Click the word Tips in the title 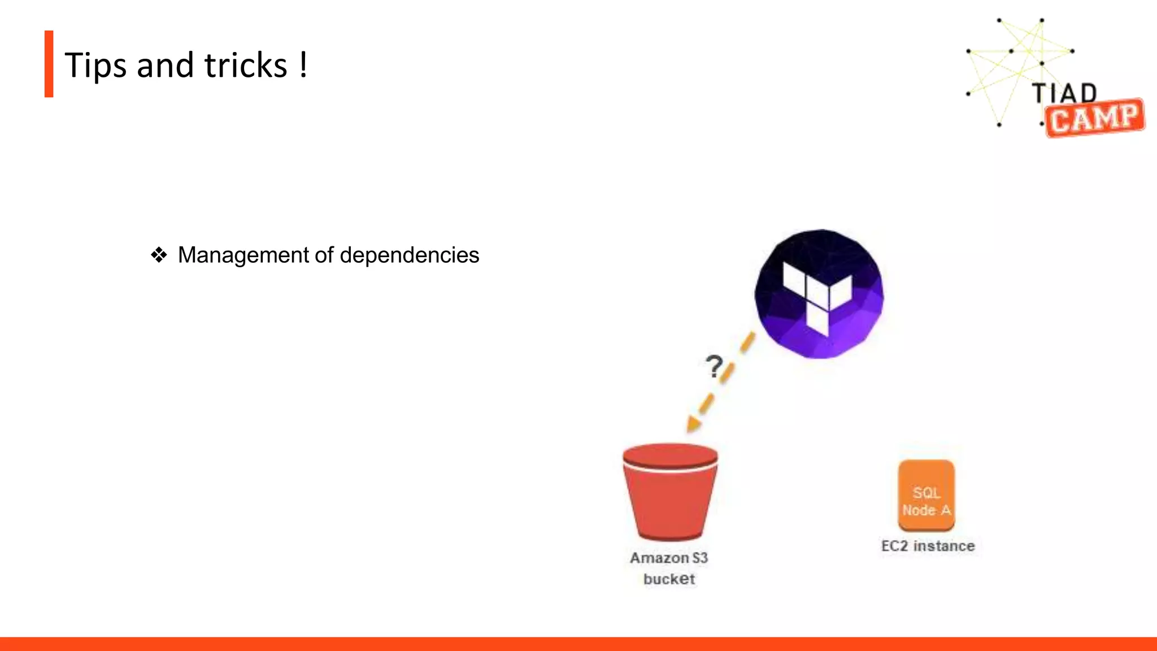[95, 66]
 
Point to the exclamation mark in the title [303, 64]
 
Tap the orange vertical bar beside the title [49, 64]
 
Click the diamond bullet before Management [159, 255]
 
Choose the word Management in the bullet [243, 255]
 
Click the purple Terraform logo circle [819, 294]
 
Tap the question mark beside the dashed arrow [714, 366]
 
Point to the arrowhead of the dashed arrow [693, 424]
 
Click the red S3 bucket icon [670, 491]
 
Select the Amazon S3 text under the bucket [669, 558]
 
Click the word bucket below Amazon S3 [669, 579]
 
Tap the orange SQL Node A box [927, 496]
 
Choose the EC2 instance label [928, 546]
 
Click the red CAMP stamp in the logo [1094, 118]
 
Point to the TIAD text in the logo [1064, 93]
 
